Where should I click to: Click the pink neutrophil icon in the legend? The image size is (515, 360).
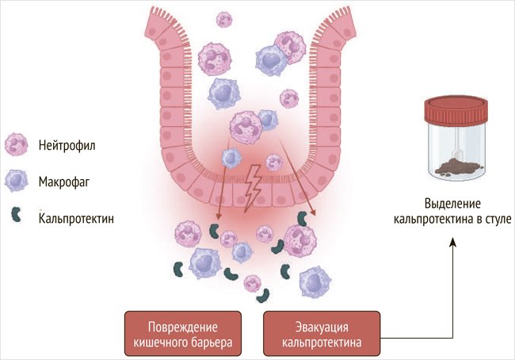pos(17,145)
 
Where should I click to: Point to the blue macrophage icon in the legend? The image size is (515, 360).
pos(17,180)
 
